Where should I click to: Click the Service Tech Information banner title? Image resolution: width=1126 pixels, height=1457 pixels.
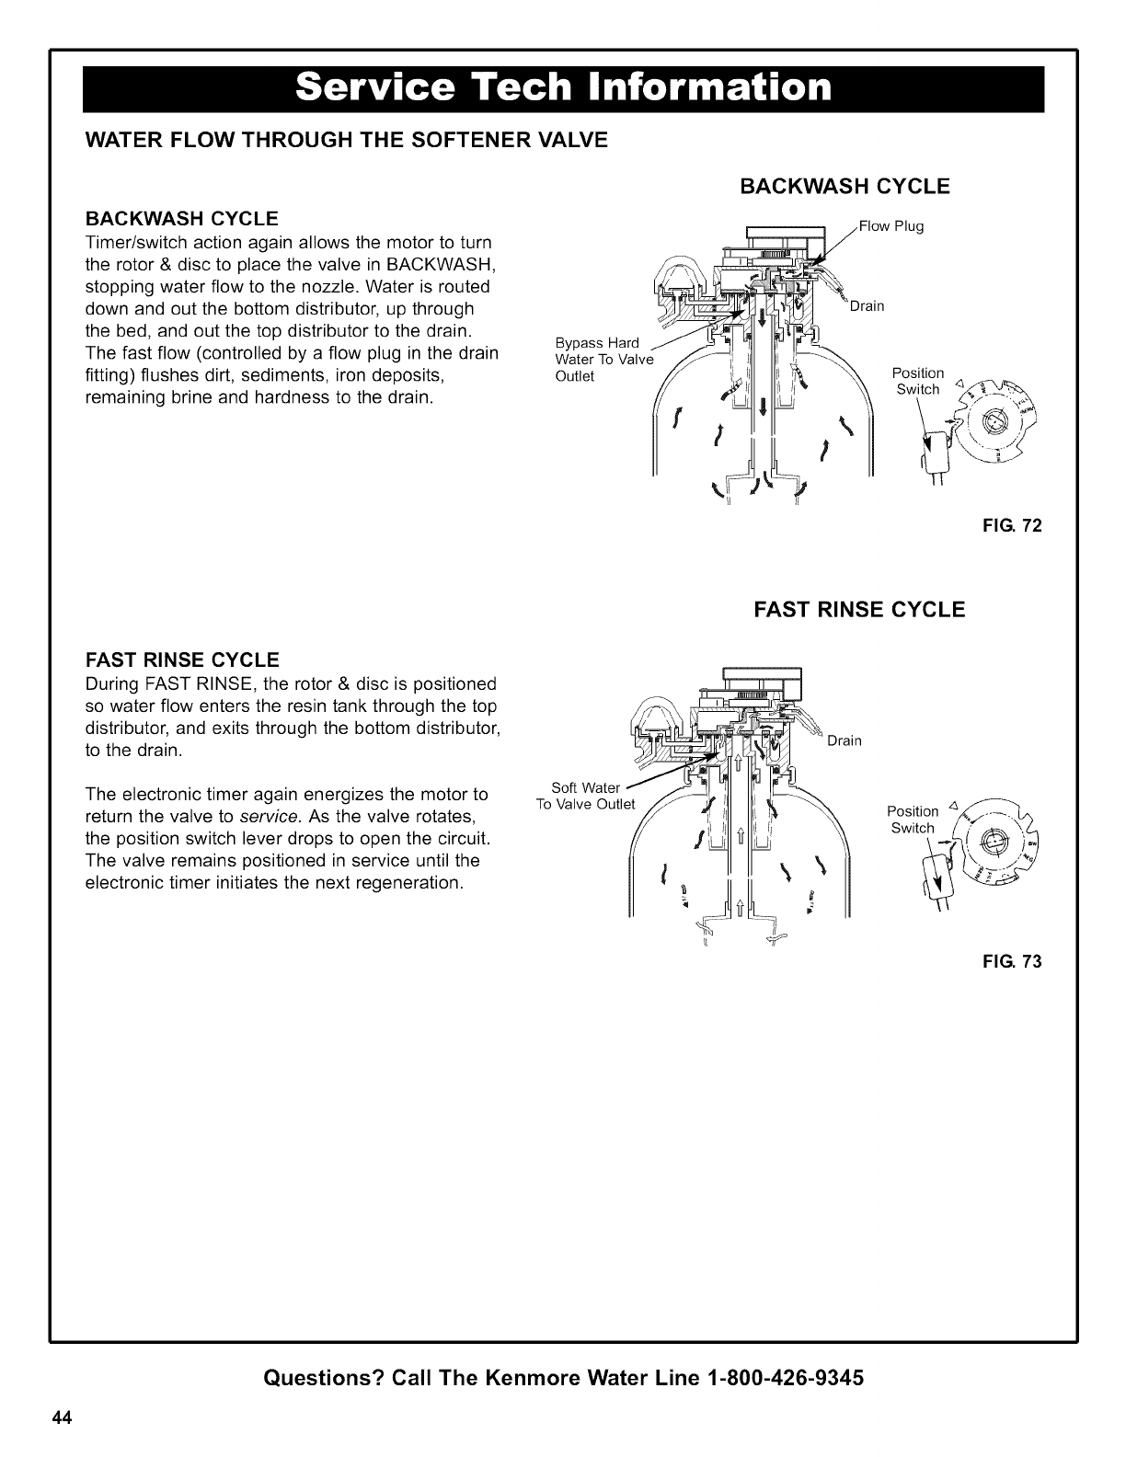coord(563,87)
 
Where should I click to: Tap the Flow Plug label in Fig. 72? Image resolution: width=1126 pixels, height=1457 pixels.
coord(891,226)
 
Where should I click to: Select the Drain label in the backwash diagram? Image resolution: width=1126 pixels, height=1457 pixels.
coord(867,306)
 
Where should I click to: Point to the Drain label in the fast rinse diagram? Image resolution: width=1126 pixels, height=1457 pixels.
coord(844,740)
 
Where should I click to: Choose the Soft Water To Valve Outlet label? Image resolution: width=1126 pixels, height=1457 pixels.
coord(586,796)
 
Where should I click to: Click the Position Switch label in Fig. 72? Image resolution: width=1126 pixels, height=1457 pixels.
coord(918,381)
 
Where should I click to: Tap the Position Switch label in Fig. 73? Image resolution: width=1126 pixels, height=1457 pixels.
coord(913,820)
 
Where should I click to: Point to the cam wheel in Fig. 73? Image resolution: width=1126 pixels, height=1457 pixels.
coord(993,843)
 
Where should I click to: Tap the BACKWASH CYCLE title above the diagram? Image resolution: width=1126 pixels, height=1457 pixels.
coord(844,186)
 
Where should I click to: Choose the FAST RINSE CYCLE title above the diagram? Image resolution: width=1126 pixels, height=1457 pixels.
coord(859,610)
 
